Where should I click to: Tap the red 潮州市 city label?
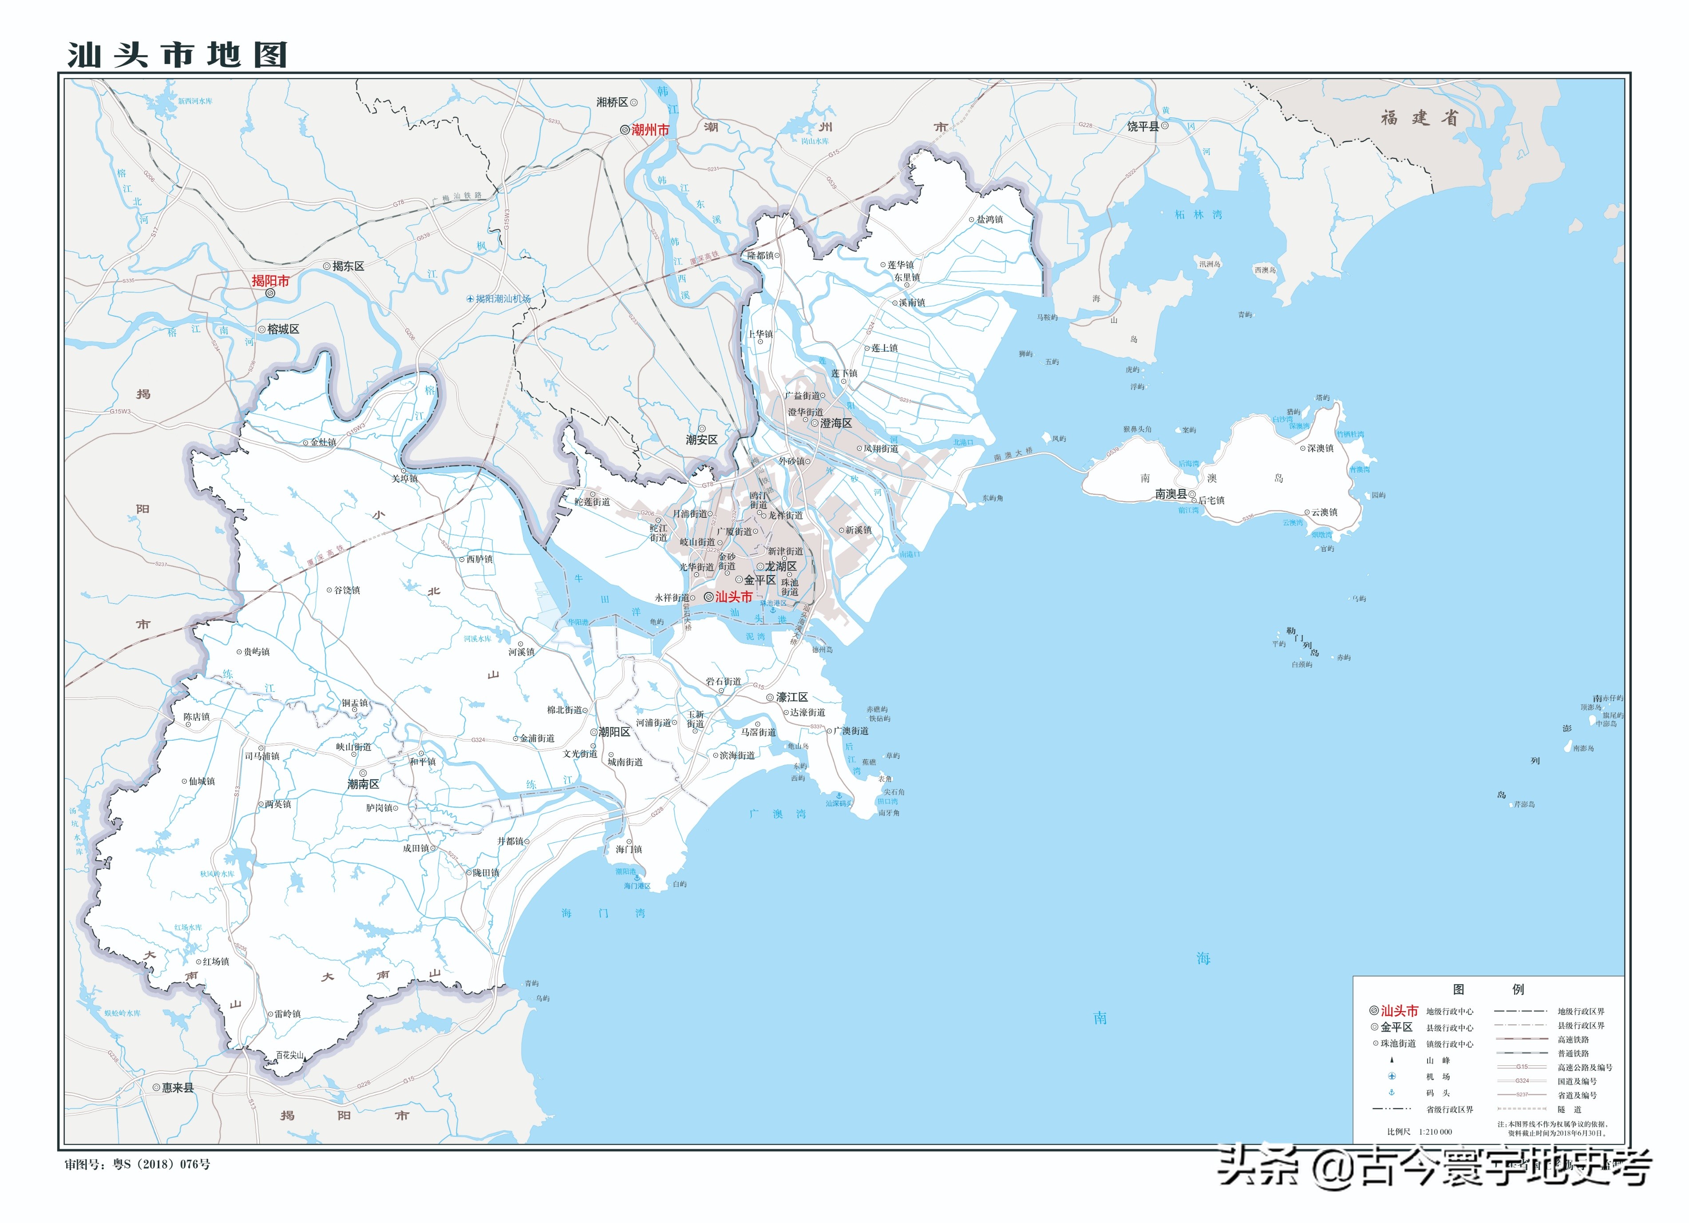pos(650,130)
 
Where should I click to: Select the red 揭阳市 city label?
pos(270,281)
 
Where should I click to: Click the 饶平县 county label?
pos(1143,127)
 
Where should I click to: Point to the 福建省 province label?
pos(1419,118)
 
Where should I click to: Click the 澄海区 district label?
pos(835,423)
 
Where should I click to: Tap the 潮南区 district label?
pos(364,784)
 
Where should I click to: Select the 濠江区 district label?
pos(791,697)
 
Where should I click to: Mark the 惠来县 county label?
pos(177,1088)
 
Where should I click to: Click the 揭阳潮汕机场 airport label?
pos(502,299)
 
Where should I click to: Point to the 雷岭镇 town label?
pos(288,1014)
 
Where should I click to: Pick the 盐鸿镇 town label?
pos(990,220)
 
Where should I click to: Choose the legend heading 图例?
pos(1487,989)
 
